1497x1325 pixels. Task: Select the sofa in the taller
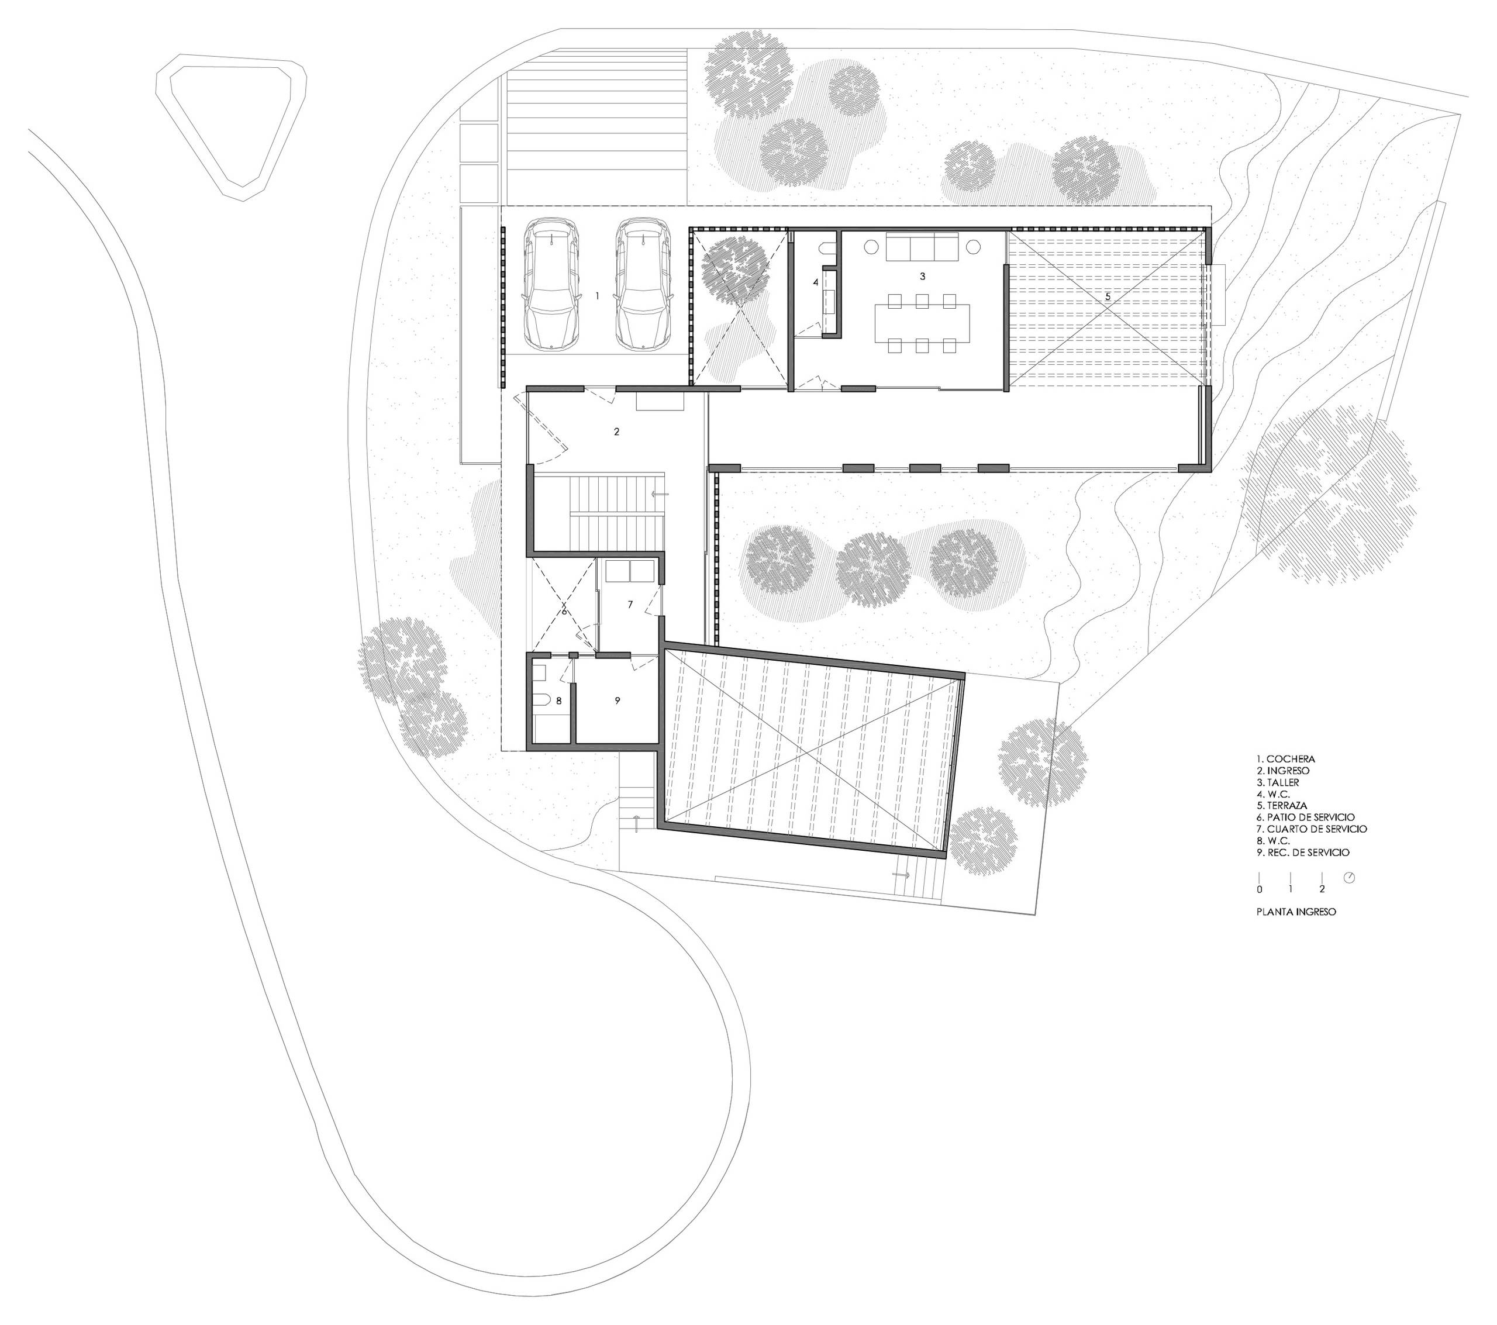click(923, 246)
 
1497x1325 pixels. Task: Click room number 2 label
click(617, 432)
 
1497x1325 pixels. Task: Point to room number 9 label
click(618, 701)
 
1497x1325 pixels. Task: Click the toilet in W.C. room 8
click(542, 701)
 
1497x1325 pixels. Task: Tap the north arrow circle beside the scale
click(1350, 878)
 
